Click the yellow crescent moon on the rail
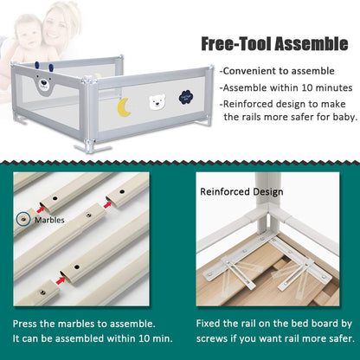122,106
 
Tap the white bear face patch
157,101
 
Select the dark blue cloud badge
186,97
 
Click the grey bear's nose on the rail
43,82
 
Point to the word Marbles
49,220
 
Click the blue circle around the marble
23,220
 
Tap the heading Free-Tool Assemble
274,44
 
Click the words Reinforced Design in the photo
241,192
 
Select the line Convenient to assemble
277,71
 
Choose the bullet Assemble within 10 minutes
286,87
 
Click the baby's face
29,35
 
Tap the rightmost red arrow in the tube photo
107,205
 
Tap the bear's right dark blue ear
51,68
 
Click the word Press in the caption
25,324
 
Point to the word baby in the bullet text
344,117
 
